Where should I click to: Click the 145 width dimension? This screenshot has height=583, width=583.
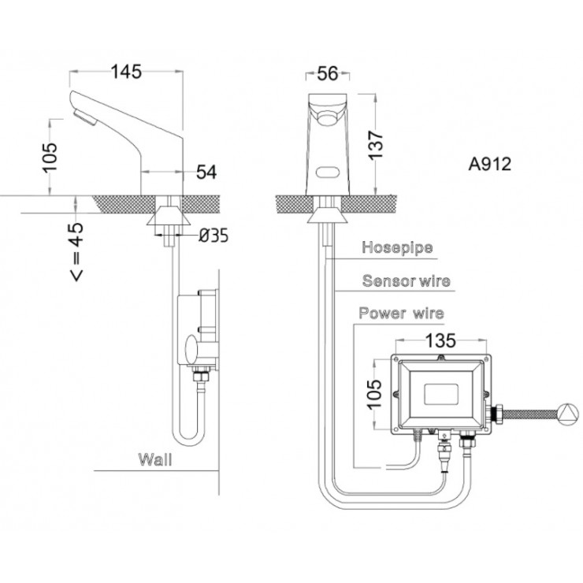point(126,72)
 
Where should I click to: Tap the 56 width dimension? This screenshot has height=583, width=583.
point(327,73)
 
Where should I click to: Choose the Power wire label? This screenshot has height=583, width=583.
point(401,313)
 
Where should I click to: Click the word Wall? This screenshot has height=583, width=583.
point(155,458)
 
